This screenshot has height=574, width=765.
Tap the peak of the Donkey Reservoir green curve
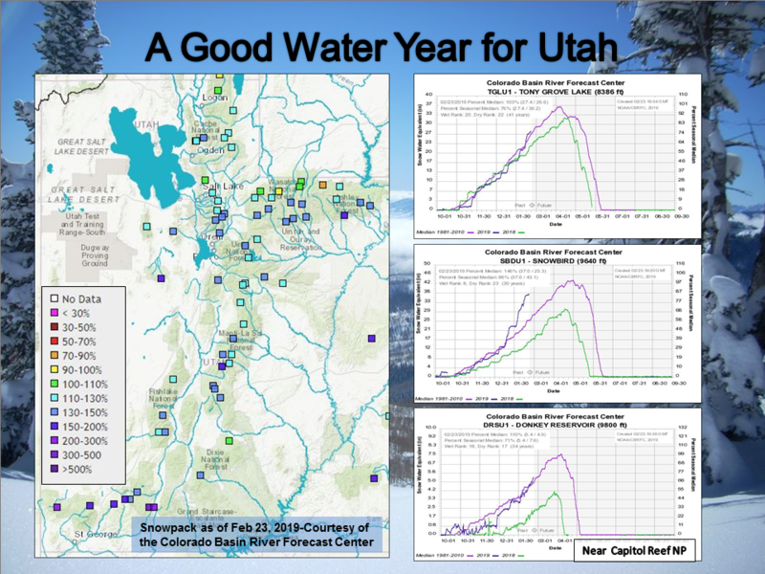pos(557,492)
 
